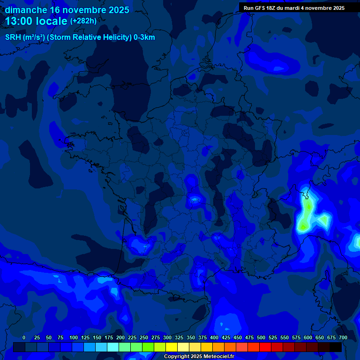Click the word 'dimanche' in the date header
coord(26,10)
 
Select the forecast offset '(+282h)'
coord(83,21)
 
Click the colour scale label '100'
coord(74,338)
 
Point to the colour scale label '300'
coord(167,338)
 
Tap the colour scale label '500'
coord(261,338)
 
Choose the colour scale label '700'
coord(343,338)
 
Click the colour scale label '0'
coord(24,338)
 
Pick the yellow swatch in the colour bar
coord(172,347)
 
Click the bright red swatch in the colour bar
coord(265,347)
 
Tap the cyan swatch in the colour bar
coord(113,347)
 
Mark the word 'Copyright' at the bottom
coord(177,357)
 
